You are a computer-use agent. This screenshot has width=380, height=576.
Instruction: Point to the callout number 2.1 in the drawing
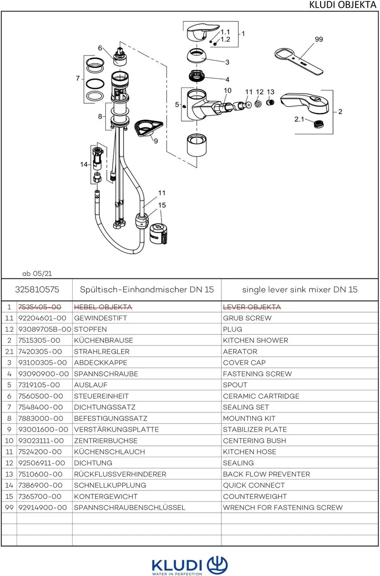click(299, 119)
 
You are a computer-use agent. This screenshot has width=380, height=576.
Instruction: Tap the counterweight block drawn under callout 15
click(158, 234)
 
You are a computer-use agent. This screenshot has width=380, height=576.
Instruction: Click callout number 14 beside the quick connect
click(84, 164)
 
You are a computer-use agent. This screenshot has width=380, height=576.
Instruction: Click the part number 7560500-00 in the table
click(40, 396)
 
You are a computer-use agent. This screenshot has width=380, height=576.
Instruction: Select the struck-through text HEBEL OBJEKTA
click(103, 307)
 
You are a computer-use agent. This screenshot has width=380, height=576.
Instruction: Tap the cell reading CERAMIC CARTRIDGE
click(261, 396)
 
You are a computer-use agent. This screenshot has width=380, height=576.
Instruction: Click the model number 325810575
click(37, 289)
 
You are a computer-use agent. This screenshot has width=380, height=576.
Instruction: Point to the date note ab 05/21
click(37, 274)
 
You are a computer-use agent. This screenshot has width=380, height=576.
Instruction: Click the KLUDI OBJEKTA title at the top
click(342, 5)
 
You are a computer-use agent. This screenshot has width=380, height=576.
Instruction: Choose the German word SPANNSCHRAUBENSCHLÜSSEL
click(130, 508)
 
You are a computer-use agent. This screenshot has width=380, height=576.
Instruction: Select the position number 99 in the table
click(9, 508)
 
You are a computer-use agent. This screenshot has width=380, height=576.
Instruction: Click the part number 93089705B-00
click(45, 329)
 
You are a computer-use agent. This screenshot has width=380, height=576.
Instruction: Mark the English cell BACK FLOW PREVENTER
click(266, 474)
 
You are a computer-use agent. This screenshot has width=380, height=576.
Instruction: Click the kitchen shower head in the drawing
click(304, 104)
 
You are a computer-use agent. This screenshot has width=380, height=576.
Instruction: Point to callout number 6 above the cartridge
click(100, 48)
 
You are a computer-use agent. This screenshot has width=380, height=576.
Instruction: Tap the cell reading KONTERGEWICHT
click(105, 496)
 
